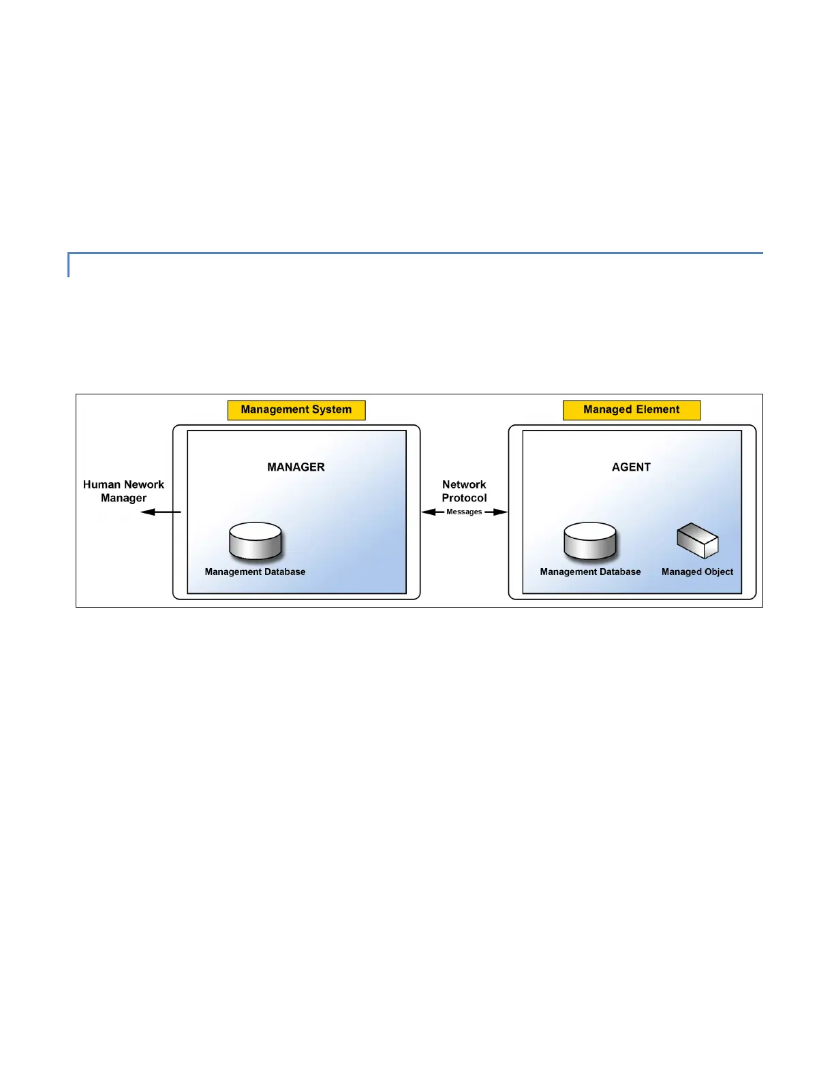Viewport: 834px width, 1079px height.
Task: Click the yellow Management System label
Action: pyautogui.click(x=296, y=410)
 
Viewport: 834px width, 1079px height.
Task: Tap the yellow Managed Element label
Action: pyautogui.click(x=632, y=410)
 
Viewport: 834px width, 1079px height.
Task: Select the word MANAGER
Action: pyautogui.click(x=296, y=467)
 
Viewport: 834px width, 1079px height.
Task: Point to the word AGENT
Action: pyautogui.click(x=631, y=467)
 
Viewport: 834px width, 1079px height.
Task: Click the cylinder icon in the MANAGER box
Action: pyautogui.click(x=256, y=542)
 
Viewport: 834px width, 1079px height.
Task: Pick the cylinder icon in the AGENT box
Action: pyautogui.click(x=590, y=542)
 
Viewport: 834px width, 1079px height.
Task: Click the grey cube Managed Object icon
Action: pyautogui.click(x=697, y=541)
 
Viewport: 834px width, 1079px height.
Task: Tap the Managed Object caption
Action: pyautogui.click(x=697, y=572)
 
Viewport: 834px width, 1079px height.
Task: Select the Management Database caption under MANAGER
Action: pyautogui.click(x=255, y=572)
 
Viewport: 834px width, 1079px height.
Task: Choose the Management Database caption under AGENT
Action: pyautogui.click(x=590, y=572)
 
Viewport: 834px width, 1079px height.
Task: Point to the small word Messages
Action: pyautogui.click(x=464, y=512)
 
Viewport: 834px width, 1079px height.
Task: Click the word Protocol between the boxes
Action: pyautogui.click(x=464, y=498)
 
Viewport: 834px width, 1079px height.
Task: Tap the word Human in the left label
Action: pyautogui.click(x=102, y=485)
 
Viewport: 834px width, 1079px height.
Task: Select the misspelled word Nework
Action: pyautogui.click(x=144, y=485)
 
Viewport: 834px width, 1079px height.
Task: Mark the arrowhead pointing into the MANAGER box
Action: pyautogui.click(x=428, y=512)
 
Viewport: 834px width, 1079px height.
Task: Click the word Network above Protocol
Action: pyautogui.click(x=464, y=485)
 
